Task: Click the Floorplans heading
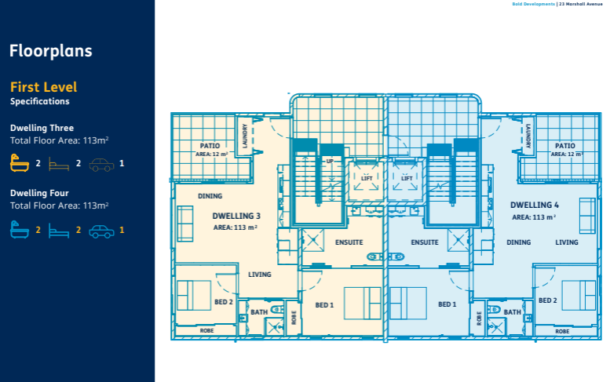[x=51, y=52]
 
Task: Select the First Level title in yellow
[x=44, y=87]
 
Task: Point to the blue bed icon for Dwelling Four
[x=60, y=231]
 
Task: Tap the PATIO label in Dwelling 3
[x=210, y=146]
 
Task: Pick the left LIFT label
[x=367, y=178]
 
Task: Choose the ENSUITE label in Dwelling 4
[x=424, y=242]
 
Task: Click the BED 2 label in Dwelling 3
[x=224, y=301]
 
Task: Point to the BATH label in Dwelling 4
[x=513, y=312]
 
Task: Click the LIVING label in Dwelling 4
[x=567, y=242]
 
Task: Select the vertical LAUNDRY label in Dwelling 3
[x=246, y=136]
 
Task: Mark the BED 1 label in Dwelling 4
[x=447, y=304]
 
